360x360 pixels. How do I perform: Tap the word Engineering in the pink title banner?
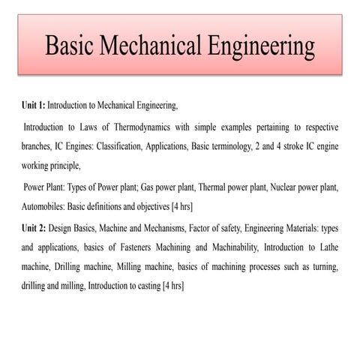point(258,46)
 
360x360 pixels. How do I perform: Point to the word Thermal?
point(199,186)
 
